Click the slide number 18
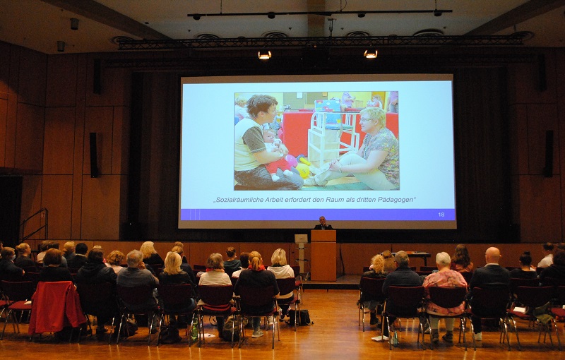pyautogui.click(x=441, y=215)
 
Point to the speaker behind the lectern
pyautogui.click(x=323, y=223)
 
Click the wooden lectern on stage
pyautogui.click(x=323, y=255)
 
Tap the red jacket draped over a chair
pyautogui.click(x=56, y=307)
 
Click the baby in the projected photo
pyautogui.click(x=275, y=153)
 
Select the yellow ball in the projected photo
pyautogui.click(x=303, y=170)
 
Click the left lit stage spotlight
pyautogui.click(x=264, y=55)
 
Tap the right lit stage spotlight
pyautogui.click(x=370, y=54)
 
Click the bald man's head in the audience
pyautogui.click(x=492, y=255)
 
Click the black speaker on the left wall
pyautogui.click(x=94, y=155)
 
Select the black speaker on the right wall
pyautogui.click(x=549, y=153)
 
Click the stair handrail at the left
pyautogui.click(x=35, y=223)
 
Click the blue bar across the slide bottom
pyautogui.click(x=317, y=215)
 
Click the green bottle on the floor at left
pyautogui.click(x=195, y=330)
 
